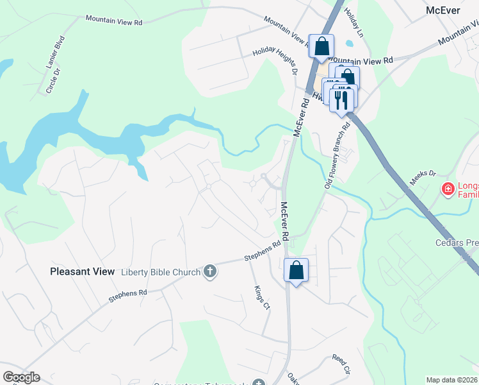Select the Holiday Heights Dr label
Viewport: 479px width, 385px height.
point(275,61)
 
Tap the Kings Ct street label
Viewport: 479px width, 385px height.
point(262,298)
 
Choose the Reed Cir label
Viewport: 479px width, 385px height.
point(341,364)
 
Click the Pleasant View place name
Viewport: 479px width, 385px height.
point(82,271)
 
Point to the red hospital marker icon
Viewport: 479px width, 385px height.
point(448,189)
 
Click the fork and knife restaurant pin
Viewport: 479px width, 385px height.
point(341,98)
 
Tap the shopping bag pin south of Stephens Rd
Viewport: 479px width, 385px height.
point(296,269)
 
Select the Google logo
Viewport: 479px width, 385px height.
point(21,377)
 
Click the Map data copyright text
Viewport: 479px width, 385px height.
point(452,380)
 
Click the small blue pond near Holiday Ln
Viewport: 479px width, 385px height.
point(348,45)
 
